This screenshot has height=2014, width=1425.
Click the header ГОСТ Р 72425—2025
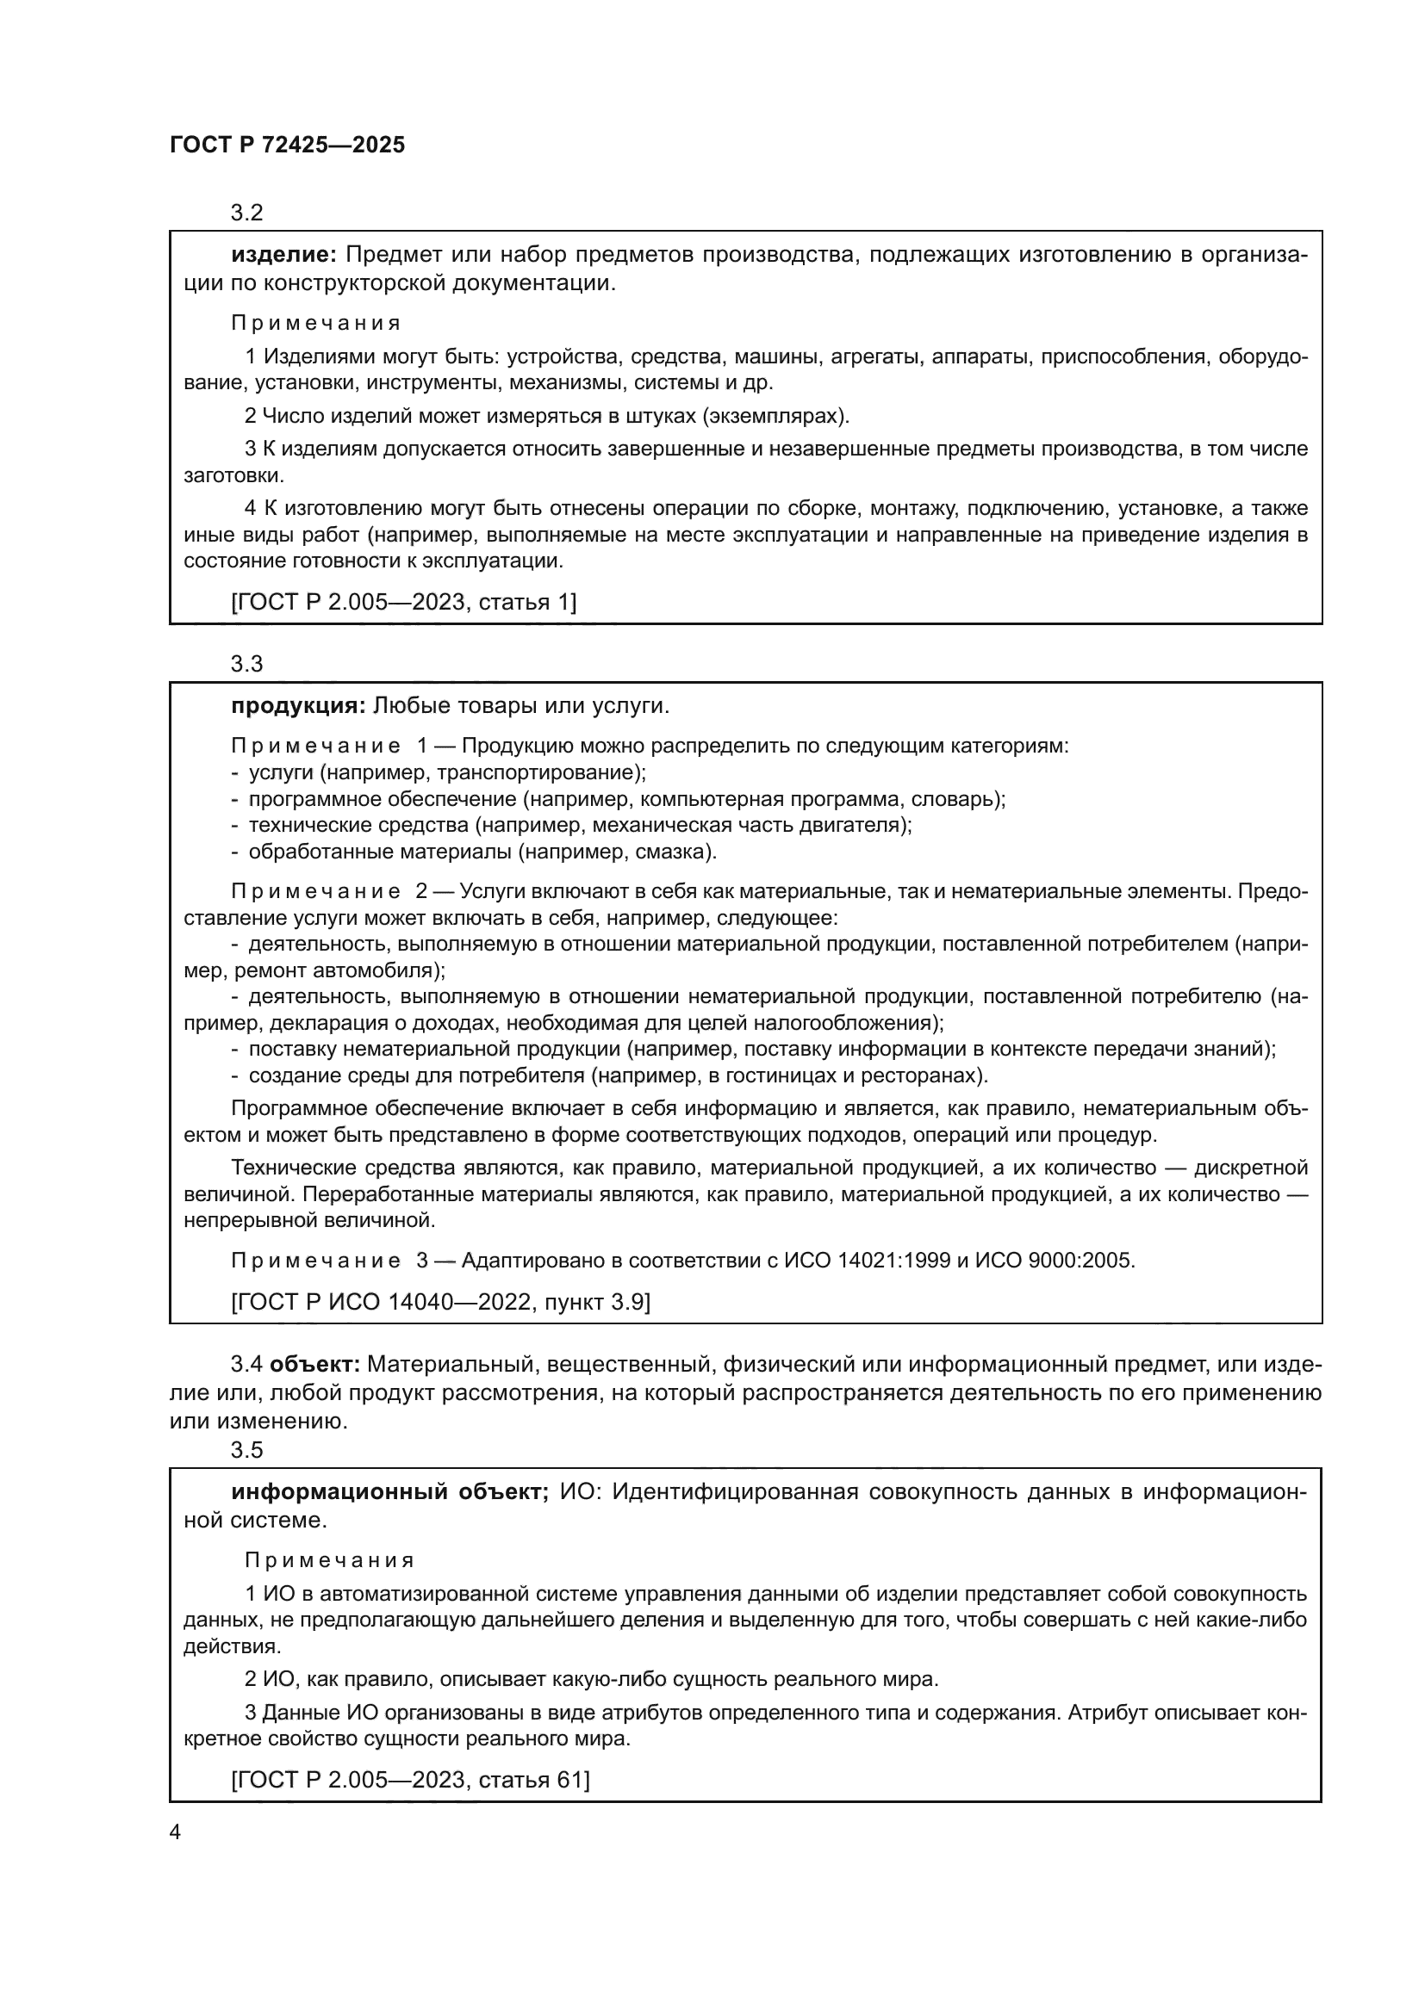(287, 146)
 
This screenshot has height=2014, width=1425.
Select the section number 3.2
(246, 214)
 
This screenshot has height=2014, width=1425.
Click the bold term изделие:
(283, 255)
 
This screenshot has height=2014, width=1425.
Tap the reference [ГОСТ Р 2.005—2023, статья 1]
(403, 602)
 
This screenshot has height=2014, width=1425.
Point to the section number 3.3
(246, 664)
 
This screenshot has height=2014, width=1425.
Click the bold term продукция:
(297, 706)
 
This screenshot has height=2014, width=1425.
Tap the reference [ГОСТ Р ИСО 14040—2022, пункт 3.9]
(440, 1302)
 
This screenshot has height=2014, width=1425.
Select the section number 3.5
(246, 1450)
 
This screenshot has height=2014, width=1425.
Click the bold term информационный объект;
(389, 1492)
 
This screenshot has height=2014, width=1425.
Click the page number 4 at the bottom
(175, 1832)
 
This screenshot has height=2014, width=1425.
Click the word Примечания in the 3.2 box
(315, 323)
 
